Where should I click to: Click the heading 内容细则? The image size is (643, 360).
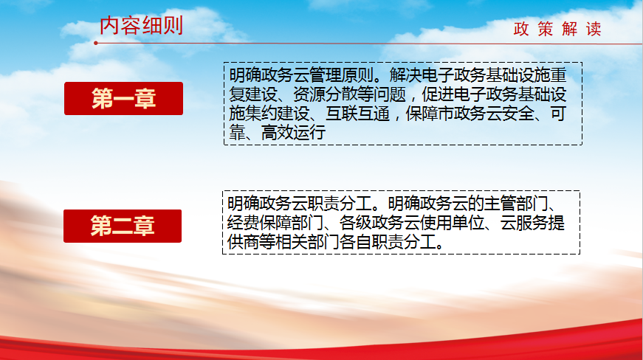[x=141, y=26]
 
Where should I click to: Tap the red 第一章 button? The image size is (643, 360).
[x=123, y=98]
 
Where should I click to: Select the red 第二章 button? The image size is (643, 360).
[x=123, y=226]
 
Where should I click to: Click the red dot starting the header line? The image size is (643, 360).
[x=95, y=43]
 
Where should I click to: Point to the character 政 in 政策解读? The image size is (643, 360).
[x=520, y=29]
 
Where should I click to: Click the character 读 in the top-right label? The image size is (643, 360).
[x=594, y=29]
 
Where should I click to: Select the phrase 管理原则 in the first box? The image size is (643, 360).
[x=342, y=75]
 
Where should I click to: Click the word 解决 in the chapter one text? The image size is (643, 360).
[x=405, y=75]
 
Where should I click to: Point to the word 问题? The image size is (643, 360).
[x=390, y=94]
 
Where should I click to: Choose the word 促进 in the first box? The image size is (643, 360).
[x=438, y=94]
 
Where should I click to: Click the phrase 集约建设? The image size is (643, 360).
[x=278, y=114]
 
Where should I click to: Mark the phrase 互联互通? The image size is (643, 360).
[x=357, y=114]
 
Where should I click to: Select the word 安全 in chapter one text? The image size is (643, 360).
[x=518, y=114]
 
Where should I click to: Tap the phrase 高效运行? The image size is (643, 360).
[x=293, y=133]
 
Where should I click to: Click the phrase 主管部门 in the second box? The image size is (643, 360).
[x=516, y=204]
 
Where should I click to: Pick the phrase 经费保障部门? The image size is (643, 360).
[x=275, y=223]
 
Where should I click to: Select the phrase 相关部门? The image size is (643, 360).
[x=307, y=242]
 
